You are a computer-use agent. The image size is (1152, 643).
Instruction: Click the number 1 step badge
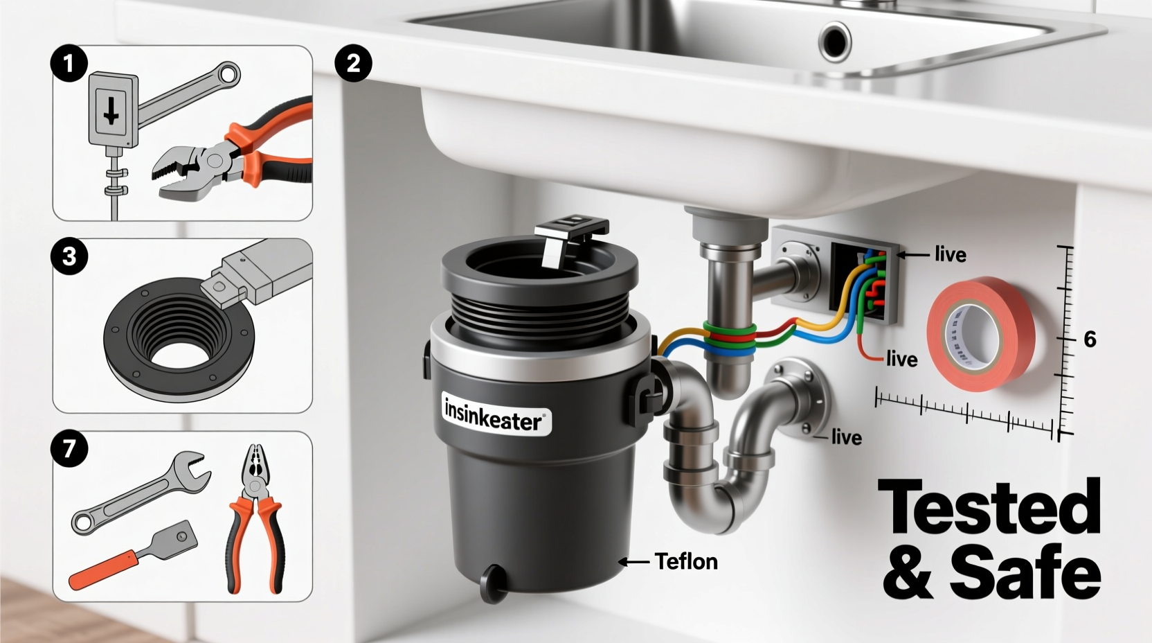pyautogui.click(x=69, y=64)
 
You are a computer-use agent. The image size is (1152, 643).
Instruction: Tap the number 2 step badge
pyautogui.click(x=353, y=64)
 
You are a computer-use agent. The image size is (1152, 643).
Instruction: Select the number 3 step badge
pyautogui.click(x=69, y=257)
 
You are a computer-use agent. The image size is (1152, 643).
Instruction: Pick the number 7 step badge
pyautogui.click(x=69, y=449)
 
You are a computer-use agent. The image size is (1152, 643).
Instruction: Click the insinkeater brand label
pyautogui.click(x=496, y=415)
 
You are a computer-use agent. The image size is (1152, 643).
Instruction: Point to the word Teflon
pyautogui.click(x=685, y=561)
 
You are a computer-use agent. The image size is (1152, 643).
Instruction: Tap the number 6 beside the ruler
pyautogui.click(x=1090, y=340)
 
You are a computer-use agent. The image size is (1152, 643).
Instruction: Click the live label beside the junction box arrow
pyautogui.click(x=950, y=255)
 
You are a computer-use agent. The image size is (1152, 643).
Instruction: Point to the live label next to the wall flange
pyautogui.click(x=846, y=437)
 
